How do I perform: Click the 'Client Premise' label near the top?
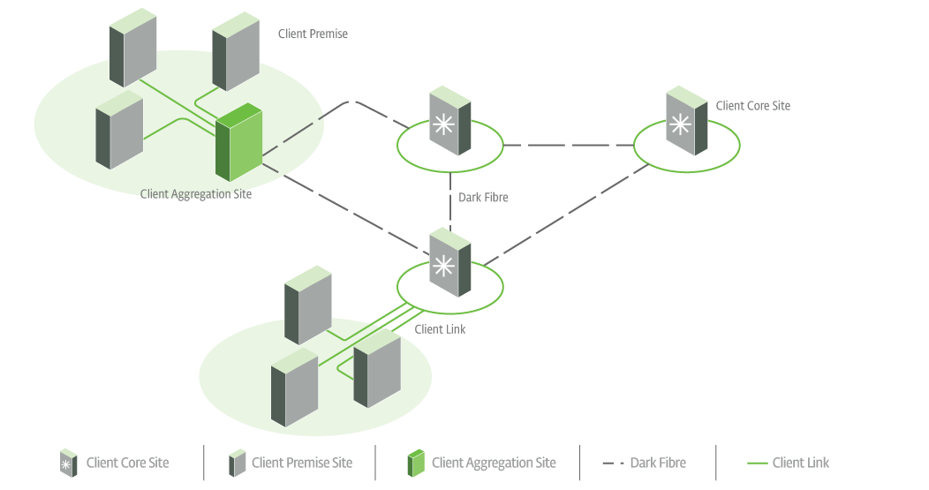[x=313, y=34]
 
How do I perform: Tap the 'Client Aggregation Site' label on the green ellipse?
[x=196, y=194]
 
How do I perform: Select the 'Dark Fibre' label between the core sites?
[x=483, y=198]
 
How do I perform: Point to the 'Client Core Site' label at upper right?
[x=752, y=106]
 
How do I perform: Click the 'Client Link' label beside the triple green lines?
[x=440, y=329]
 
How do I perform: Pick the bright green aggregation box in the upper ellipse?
[x=238, y=141]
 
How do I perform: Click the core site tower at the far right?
[x=687, y=121]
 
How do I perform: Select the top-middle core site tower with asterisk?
[x=449, y=122]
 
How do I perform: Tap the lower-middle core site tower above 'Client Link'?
[x=450, y=263]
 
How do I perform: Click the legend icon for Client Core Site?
[x=67, y=463]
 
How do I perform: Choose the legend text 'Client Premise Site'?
[x=302, y=463]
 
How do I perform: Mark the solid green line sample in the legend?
[x=757, y=463]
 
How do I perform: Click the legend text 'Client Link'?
[x=800, y=463]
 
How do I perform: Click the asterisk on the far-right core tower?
[x=679, y=124]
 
